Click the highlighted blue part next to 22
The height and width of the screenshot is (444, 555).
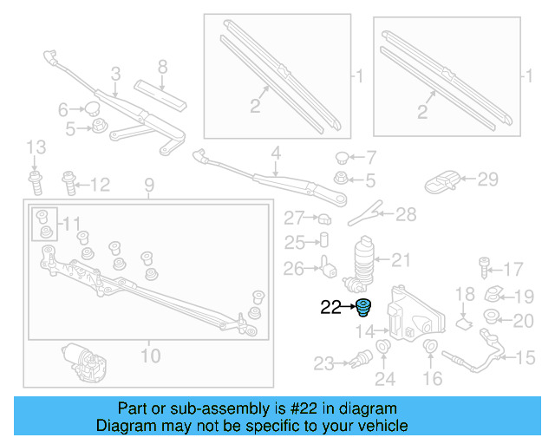coord(362,307)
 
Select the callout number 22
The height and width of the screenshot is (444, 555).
coord(331,306)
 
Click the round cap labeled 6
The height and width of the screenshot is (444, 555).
coord(89,108)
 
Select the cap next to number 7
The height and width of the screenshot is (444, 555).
coord(343,158)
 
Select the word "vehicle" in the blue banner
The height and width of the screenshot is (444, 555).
coord(377,426)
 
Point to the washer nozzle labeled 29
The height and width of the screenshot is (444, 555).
coord(444,182)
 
